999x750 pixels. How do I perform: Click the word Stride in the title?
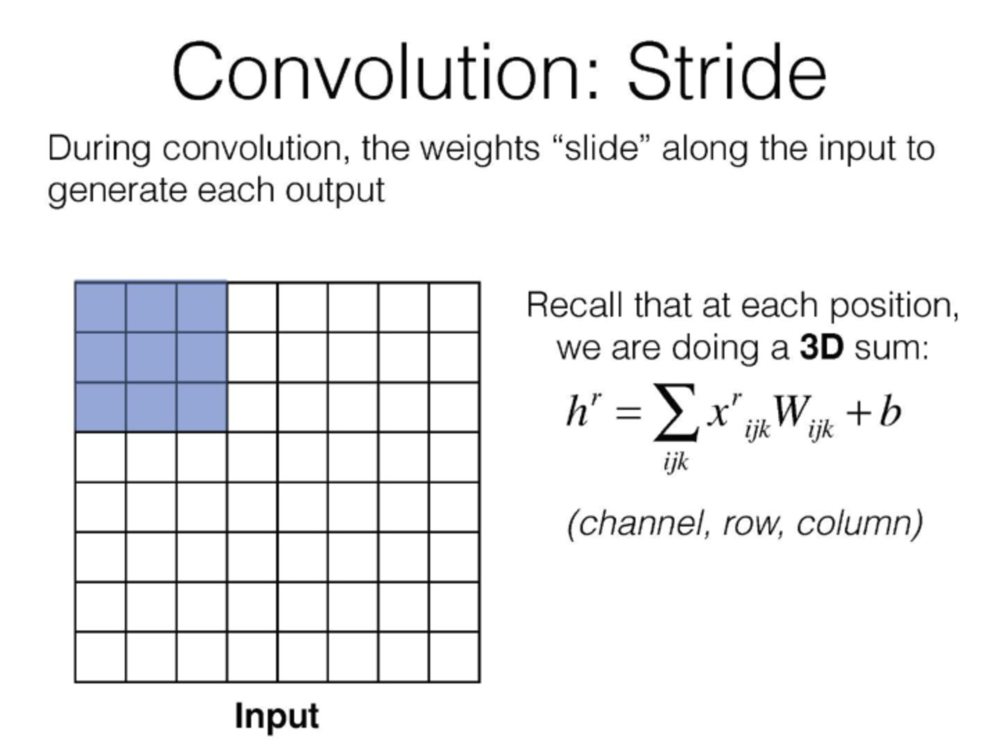pyautogui.click(x=727, y=71)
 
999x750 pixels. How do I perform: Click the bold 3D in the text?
pyautogui.click(x=822, y=348)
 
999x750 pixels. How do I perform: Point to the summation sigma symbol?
pyautogui.click(x=676, y=412)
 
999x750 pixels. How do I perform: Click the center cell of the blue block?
pyautogui.click(x=151, y=357)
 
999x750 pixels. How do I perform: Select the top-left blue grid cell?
pyautogui.click(x=101, y=307)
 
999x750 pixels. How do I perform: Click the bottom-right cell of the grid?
pyautogui.click(x=454, y=657)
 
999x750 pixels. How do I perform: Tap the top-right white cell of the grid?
pyautogui.click(x=454, y=307)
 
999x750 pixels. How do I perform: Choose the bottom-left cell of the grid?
pyautogui.click(x=101, y=657)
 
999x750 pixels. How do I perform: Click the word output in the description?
pyautogui.click(x=335, y=191)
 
